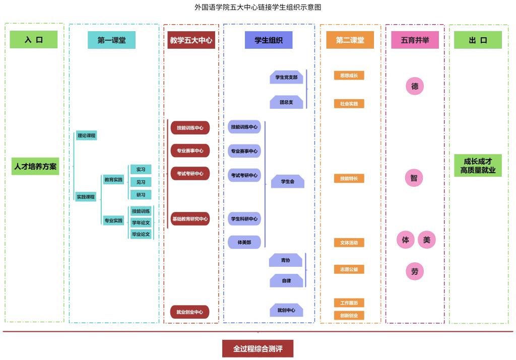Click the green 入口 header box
(34, 40)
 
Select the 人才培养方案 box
(35, 166)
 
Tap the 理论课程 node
(86, 135)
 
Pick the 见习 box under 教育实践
(141, 182)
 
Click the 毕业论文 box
(141, 234)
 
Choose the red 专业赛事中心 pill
(190, 151)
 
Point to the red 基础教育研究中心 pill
(190, 219)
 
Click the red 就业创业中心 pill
(190, 312)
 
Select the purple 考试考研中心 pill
(244, 175)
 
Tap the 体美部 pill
(244, 242)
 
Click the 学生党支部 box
(286, 78)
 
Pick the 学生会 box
(287, 181)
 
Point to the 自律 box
(286, 280)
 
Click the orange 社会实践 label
(349, 104)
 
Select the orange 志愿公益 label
(349, 269)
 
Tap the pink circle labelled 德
(415, 86)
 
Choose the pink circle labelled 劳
(415, 271)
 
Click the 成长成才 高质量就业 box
(478, 166)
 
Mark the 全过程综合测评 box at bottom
(257, 348)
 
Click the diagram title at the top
(257, 7)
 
